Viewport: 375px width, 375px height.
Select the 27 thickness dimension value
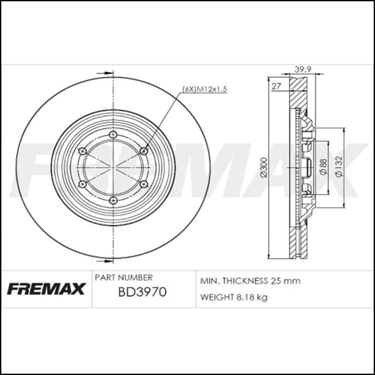276,85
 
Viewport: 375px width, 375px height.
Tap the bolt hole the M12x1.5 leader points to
142,151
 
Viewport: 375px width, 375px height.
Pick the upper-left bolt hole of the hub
82,151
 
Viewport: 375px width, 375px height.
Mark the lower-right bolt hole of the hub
142,185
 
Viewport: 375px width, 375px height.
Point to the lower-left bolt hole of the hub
82,185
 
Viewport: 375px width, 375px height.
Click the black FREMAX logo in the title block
45,289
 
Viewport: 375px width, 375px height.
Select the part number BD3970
142,292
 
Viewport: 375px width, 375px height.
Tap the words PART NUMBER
124,277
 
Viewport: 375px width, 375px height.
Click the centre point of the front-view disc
112,168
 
